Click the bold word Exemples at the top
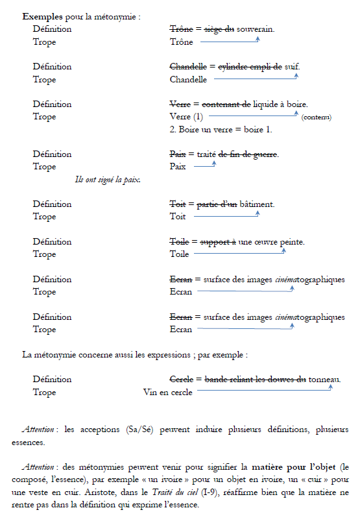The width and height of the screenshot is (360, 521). tap(43, 15)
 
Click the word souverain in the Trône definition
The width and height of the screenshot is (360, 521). tap(256, 29)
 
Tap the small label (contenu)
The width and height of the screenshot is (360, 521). tap(317, 117)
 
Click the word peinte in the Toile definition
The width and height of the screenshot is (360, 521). tap(292, 242)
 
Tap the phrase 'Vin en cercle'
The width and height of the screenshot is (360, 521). tap(168, 393)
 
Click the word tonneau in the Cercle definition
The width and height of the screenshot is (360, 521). tap(325, 380)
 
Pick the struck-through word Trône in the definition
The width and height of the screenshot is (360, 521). tap(181, 29)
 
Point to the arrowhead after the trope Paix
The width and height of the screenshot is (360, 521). tap(213, 164)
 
